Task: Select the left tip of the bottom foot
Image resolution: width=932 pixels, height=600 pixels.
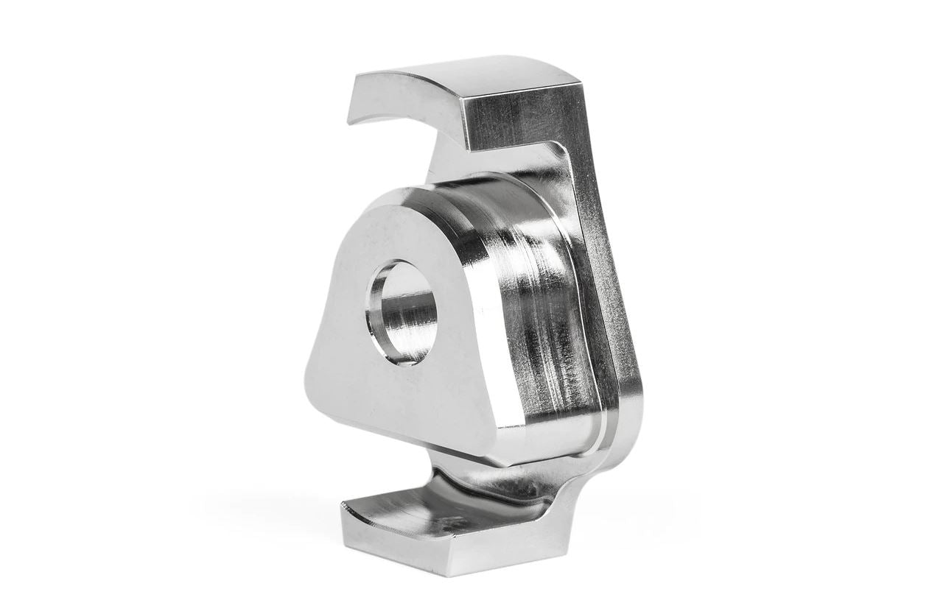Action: (346, 508)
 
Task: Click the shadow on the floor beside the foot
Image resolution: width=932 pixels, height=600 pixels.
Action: (634, 515)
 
